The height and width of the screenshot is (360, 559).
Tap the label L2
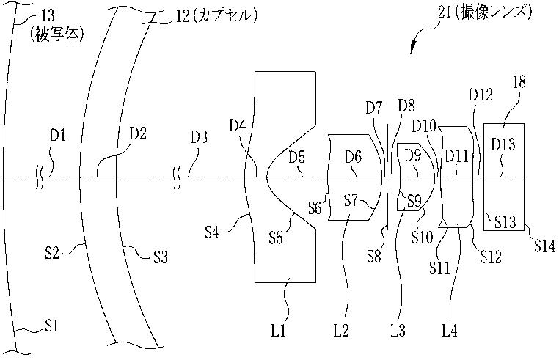pyautogui.click(x=340, y=331)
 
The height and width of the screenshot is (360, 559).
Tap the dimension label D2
pyautogui.click(x=139, y=134)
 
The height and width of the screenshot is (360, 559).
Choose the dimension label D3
pyautogui.click(x=200, y=136)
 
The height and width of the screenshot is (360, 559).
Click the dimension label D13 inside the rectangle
pyautogui.click(x=504, y=144)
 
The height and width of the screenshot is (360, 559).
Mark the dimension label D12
pyautogui.click(x=481, y=95)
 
